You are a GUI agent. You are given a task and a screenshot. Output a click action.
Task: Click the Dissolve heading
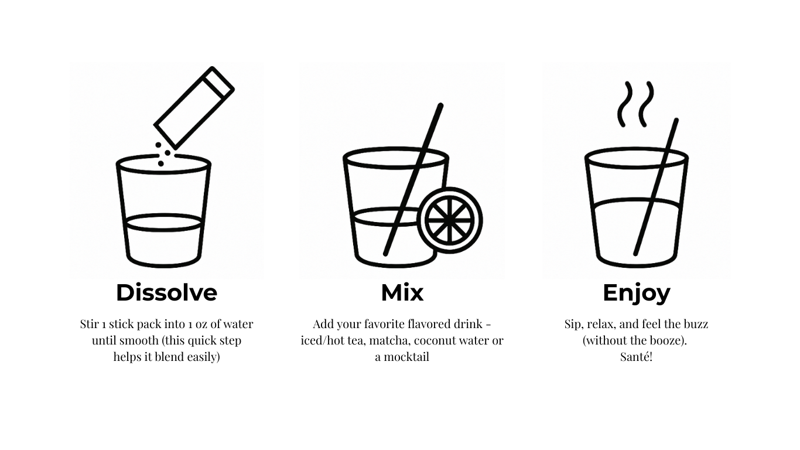tap(166, 293)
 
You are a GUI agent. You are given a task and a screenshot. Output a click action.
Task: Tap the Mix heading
tap(402, 293)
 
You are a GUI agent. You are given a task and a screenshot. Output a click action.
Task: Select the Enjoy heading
tap(637, 294)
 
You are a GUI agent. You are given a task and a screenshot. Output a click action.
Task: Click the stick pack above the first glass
tap(194, 108)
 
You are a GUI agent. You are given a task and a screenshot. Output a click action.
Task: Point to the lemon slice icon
tap(450, 220)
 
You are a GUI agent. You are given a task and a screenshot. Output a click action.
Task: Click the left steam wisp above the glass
tap(625, 104)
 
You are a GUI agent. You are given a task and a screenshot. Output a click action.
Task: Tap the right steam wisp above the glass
tap(646, 104)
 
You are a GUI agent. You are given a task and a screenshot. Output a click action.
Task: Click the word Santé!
tap(636, 357)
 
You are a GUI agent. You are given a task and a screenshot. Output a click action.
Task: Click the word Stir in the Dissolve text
tap(89, 324)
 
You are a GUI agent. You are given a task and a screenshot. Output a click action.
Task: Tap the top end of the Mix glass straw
tap(441, 105)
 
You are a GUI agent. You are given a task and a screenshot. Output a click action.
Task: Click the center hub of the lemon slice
tap(450, 220)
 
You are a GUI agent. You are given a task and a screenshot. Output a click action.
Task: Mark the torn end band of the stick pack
tap(218, 83)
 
